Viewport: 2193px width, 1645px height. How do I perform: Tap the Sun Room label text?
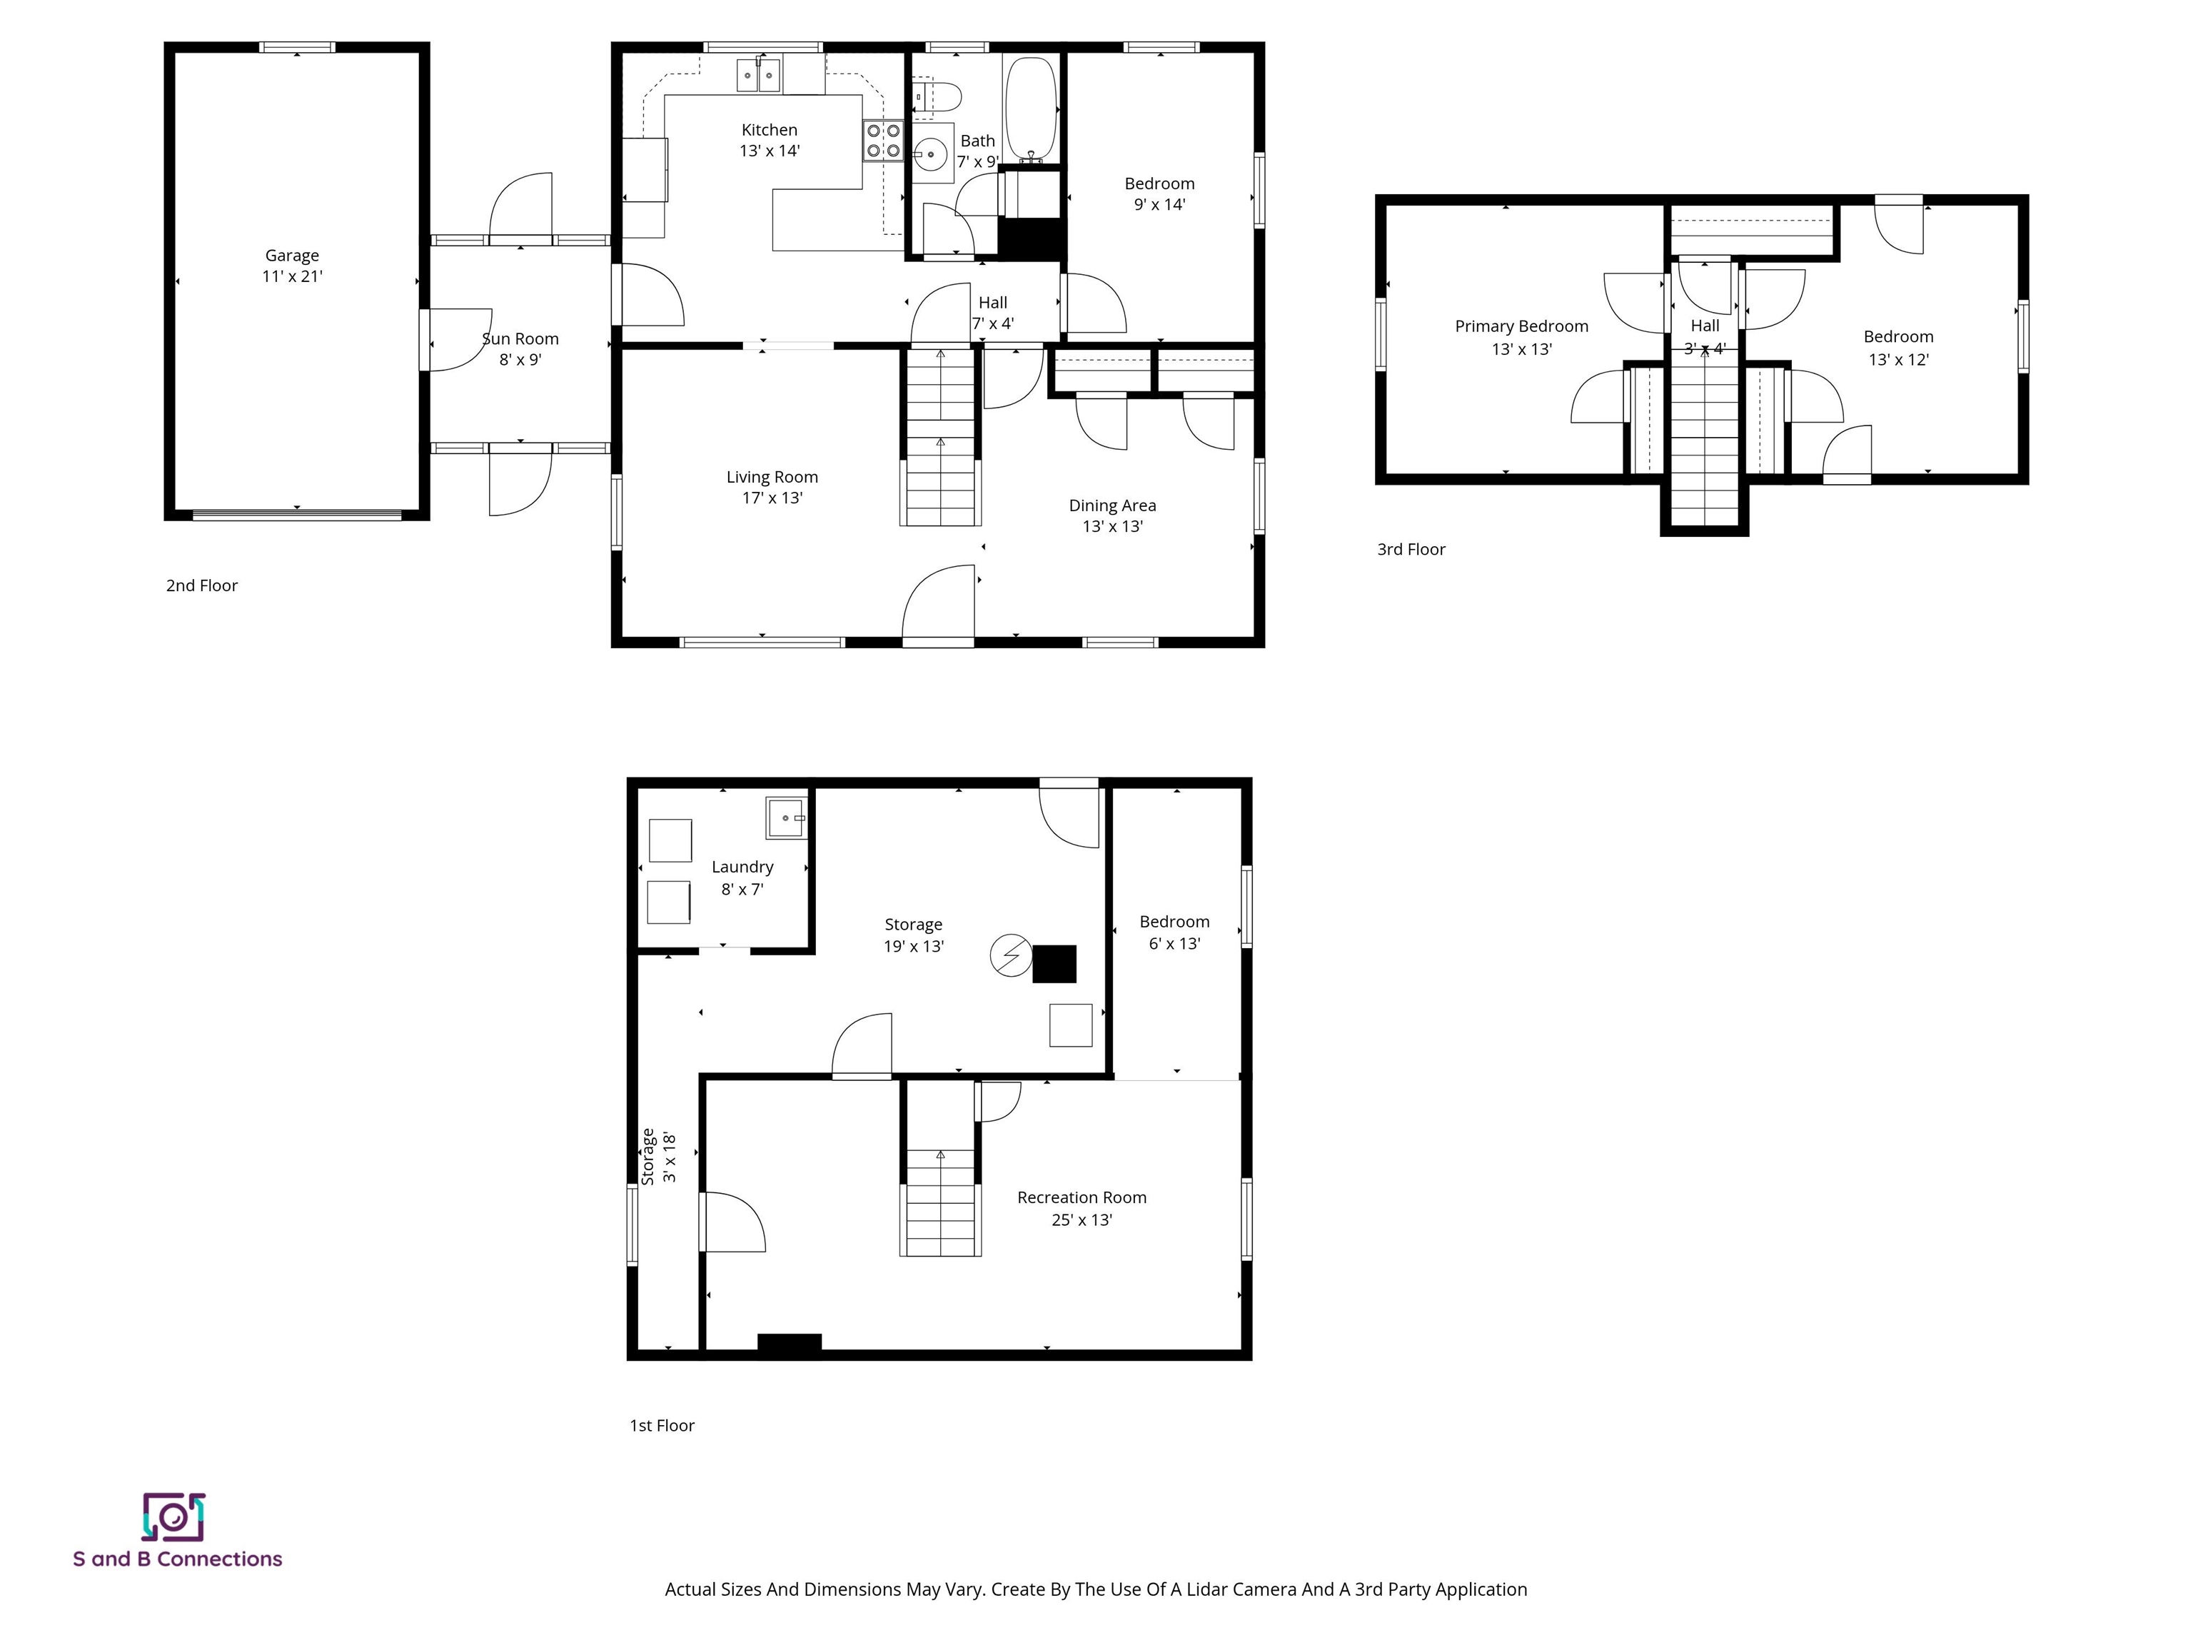520,339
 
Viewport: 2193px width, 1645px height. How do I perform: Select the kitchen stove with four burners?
882,140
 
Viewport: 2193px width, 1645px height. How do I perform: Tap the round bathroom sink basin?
930,155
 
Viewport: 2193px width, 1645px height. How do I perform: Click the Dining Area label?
1111,505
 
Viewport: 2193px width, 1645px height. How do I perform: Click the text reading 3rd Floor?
1411,549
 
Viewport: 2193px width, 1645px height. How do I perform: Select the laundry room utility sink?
786,818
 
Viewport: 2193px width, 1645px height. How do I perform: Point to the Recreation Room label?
1081,1198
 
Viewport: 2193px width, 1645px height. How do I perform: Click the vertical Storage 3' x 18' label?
658,1156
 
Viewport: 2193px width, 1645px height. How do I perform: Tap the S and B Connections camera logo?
173,1517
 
